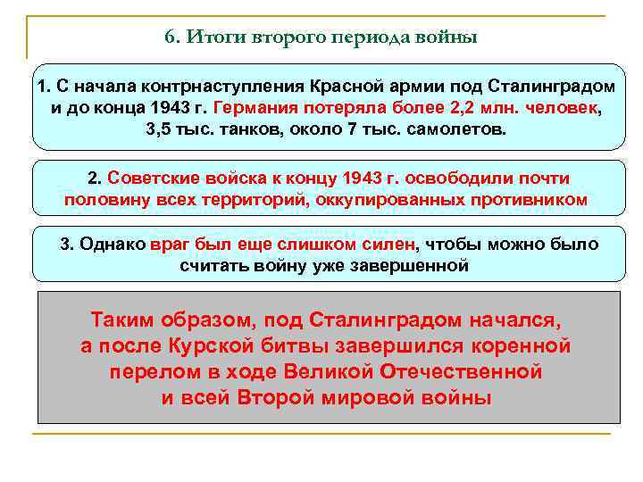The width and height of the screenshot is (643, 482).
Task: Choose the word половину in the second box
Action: click(x=106, y=199)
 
